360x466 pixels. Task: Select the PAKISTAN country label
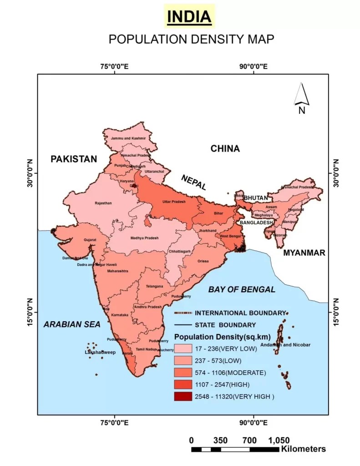click(x=74, y=159)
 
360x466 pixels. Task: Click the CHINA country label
click(x=225, y=148)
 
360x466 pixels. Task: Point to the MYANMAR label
click(x=304, y=253)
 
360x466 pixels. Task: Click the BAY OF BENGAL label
click(x=242, y=289)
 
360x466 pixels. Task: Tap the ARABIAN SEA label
click(x=72, y=324)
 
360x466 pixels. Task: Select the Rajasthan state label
click(x=102, y=203)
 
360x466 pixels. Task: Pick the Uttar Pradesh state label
click(x=173, y=201)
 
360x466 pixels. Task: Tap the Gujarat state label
click(x=90, y=239)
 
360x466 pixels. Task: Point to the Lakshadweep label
click(x=100, y=352)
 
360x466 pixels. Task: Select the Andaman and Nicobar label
click(x=292, y=345)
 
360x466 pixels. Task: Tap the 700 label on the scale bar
click(x=249, y=440)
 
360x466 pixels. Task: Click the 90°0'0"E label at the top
click(x=253, y=66)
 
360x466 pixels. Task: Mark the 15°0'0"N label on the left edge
click(x=30, y=312)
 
